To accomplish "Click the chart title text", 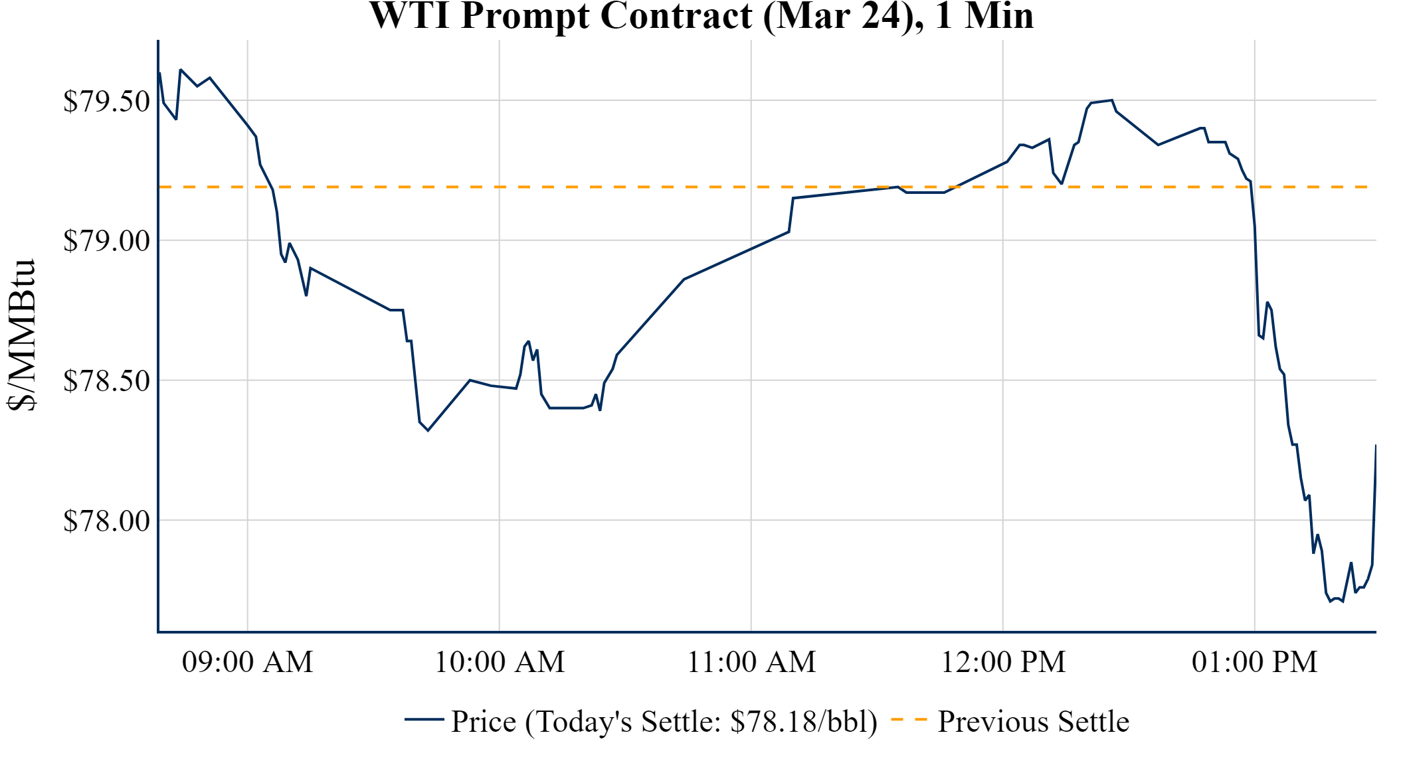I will [701, 16].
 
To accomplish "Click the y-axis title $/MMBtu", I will [21, 335].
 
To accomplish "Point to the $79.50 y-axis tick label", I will [106, 102].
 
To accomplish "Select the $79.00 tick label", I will [106, 241].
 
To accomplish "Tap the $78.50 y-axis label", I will [106, 381].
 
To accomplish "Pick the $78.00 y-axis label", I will [106, 521].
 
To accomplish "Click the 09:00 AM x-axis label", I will [247, 662].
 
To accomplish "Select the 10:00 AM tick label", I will [499, 662].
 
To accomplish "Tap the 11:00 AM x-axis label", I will [751, 662].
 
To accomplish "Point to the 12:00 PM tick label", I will [1002, 662].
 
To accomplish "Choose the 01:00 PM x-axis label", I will [1254, 662].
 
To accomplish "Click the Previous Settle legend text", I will [1033, 722].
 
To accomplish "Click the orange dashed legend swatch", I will [909, 719].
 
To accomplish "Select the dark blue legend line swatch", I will [424, 719].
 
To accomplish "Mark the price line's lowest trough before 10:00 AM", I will [428, 430].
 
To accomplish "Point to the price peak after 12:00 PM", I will [1111, 100].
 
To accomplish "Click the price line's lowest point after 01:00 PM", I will [1331, 601].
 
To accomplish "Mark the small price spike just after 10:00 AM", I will [528, 342].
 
